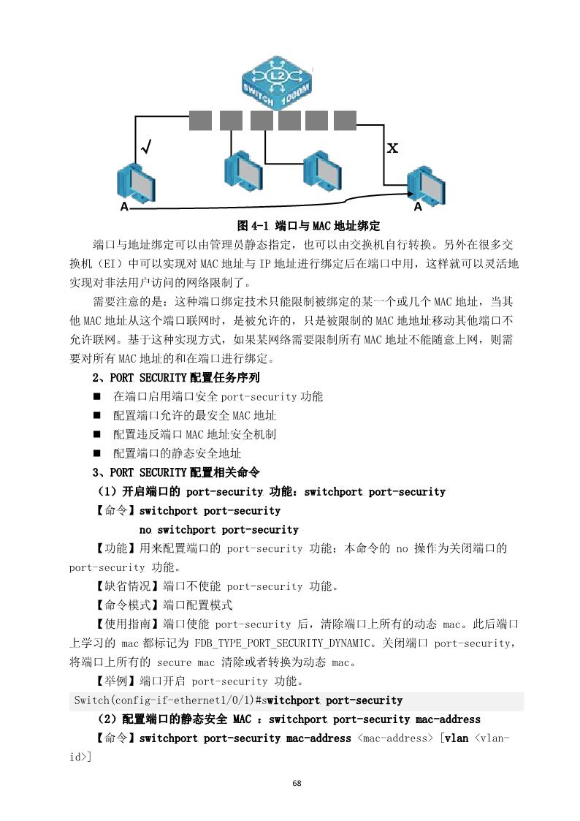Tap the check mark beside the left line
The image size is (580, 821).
pyautogui.click(x=145, y=148)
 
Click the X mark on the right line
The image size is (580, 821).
pyautogui.click(x=392, y=148)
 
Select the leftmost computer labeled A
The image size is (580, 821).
pyautogui.click(x=136, y=184)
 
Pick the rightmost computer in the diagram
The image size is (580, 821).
pyautogui.click(x=425, y=186)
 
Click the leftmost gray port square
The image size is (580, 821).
pyautogui.click(x=200, y=121)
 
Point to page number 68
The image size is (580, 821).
pyautogui.click(x=297, y=784)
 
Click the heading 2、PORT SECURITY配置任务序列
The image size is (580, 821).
pyautogui.click(x=176, y=378)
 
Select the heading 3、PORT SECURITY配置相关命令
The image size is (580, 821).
pyautogui.click(x=176, y=472)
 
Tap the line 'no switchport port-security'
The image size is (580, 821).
pyautogui.click(x=218, y=529)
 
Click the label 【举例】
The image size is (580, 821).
pyautogui.click(x=115, y=681)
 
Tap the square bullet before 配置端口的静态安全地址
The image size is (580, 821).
pyautogui.click(x=96, y=453)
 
